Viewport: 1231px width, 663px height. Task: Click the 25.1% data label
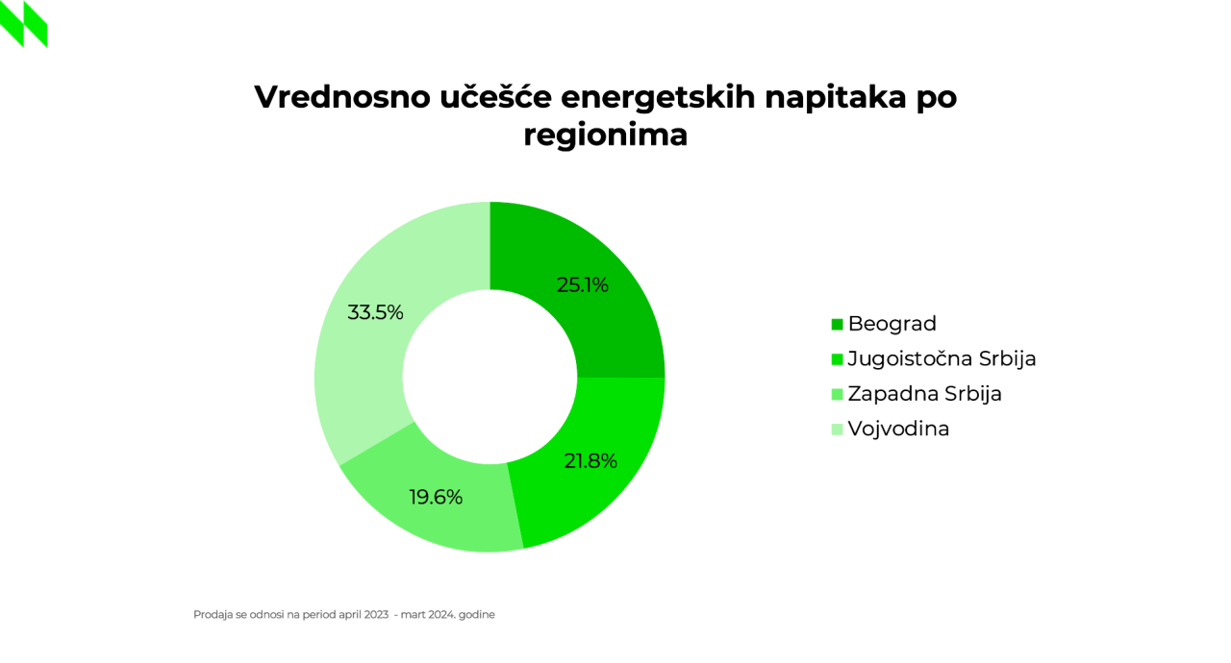tap(583, 284)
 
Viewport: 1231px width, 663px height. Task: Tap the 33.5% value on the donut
tap(375, 312)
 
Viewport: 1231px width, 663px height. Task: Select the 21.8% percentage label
tap(590, 461)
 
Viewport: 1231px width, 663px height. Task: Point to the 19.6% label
tap(436, 498)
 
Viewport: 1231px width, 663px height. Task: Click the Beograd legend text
tap(892, 324)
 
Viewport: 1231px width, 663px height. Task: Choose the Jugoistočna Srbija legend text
tap(942, 359)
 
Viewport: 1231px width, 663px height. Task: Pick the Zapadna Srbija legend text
tap(925, 394)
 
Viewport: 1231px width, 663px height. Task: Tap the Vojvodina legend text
tap(898, 429)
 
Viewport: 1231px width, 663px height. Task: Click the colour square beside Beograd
tap(837, 325)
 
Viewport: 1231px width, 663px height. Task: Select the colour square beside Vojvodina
tap(837, 430)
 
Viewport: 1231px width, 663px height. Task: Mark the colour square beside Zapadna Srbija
tap(837, 395)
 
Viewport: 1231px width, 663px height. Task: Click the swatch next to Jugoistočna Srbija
tap(837, 359)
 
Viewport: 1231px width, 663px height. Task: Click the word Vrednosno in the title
tap(342, 97)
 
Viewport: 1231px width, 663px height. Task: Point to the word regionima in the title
tap(606, 135)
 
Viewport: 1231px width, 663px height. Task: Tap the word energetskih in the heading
tap(658, 98)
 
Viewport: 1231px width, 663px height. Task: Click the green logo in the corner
tap(24, 24)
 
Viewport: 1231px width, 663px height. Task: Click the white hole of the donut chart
tap(490, 377)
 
